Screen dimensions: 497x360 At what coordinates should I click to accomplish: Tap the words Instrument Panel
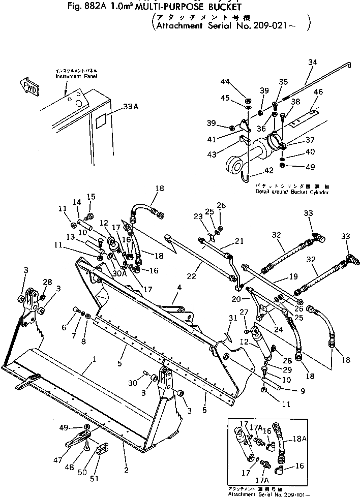[76, 76]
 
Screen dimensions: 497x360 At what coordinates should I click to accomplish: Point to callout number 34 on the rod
[312, 62]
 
